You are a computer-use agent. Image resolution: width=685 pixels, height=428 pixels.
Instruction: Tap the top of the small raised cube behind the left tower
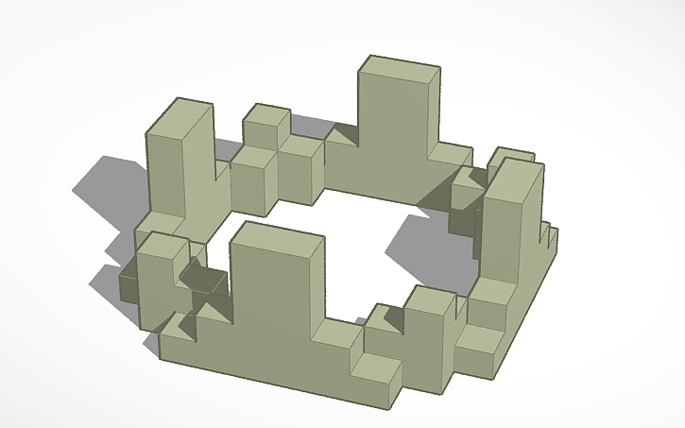point(267,119)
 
